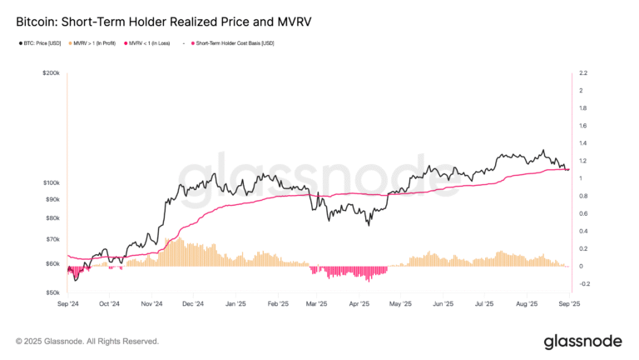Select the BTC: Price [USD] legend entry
click(42, 42)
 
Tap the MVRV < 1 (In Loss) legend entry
click(151, 42)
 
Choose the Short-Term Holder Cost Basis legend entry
click(236, 42)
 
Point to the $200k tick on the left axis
click(49, 73)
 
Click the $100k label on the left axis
click(49, 182)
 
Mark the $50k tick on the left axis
click(51, 292)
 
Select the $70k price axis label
click(51, 239)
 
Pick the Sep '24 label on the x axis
click(68, 304)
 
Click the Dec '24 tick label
click(193, 304)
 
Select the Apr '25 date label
click(359, 304)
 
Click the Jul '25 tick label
click(484, 304)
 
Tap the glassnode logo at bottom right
click(583, 341)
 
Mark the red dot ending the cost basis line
click(567, 170)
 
